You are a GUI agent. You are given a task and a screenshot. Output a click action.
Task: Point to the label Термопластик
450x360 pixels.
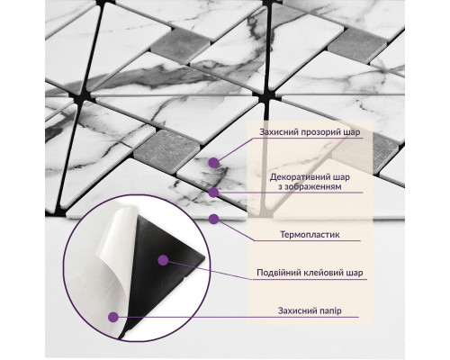310,234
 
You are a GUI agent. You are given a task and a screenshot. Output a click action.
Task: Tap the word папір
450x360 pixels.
330,310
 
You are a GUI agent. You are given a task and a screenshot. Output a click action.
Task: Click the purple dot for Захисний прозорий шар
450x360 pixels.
213,163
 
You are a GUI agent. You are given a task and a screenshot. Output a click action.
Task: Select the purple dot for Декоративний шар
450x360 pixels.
213,193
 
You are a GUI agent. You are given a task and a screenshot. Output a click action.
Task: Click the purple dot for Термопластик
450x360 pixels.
214,219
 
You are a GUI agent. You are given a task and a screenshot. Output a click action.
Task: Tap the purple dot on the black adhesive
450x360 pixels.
163,260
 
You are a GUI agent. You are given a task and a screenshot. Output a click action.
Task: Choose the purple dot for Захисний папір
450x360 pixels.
113,317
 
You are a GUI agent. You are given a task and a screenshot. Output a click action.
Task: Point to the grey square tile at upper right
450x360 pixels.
357,45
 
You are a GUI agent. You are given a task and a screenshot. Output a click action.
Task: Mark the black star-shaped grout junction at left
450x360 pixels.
80,95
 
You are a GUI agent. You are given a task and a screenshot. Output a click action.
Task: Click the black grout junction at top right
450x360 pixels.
265,96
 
